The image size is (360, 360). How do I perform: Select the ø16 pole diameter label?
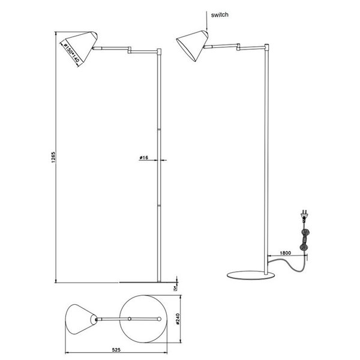(x=144, y=157)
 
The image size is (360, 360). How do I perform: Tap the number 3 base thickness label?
(x=175, y=288)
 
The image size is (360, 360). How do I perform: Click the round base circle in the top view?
(x=143, y=319)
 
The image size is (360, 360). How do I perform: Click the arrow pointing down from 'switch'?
(x=206, y=24)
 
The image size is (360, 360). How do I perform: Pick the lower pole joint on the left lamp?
(x=159, y=205)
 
